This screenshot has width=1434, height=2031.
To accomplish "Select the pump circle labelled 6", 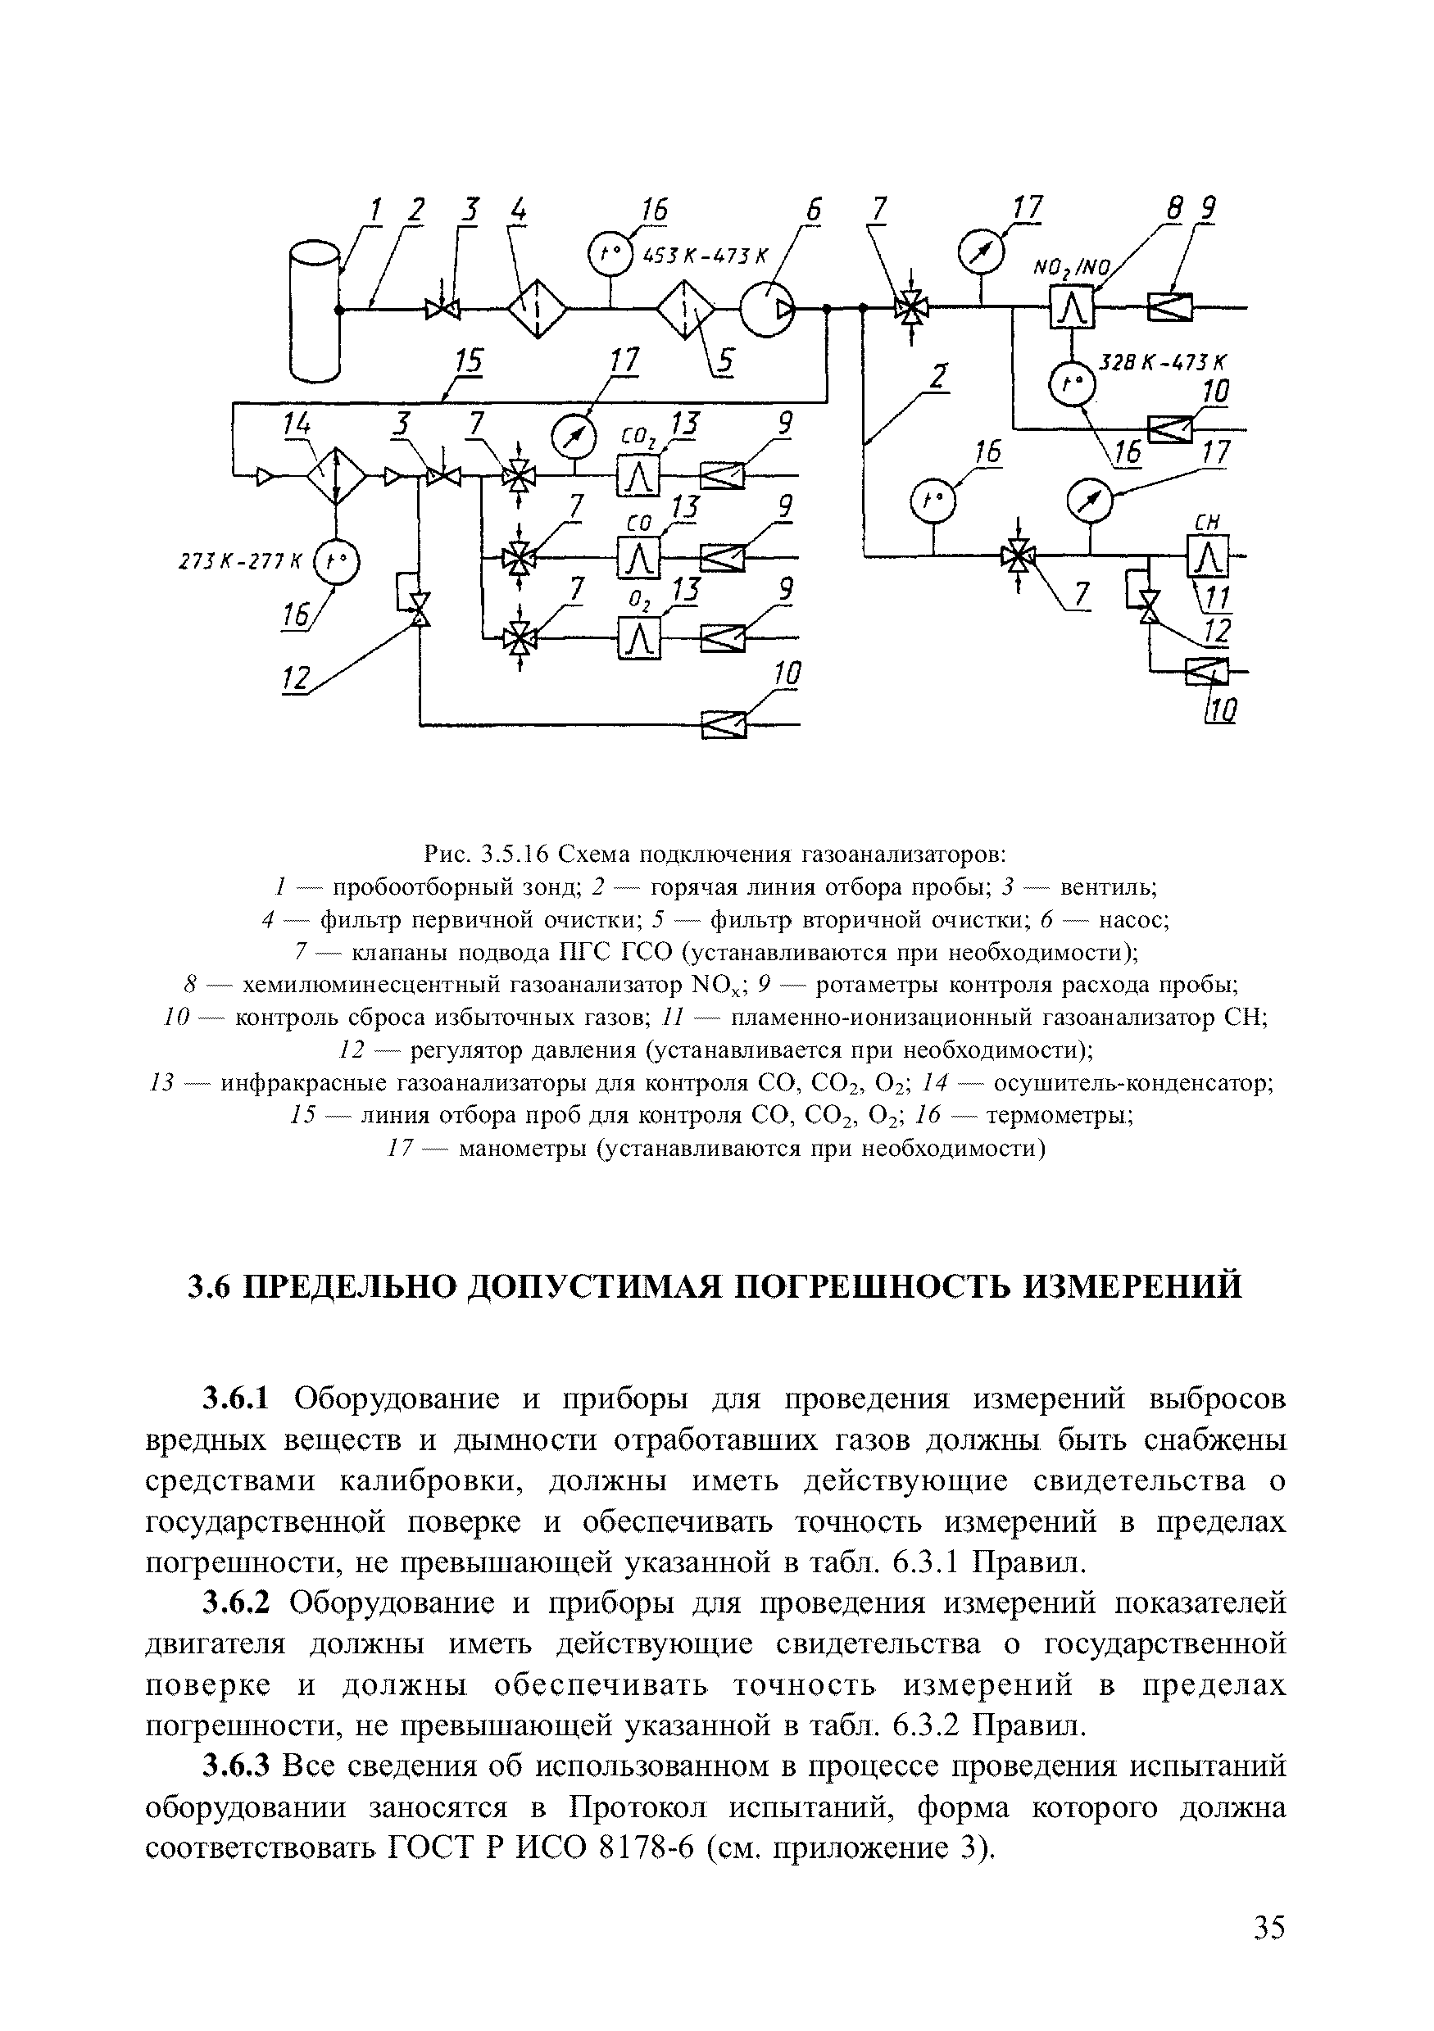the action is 767,309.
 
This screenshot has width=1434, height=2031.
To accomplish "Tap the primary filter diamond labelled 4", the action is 537,308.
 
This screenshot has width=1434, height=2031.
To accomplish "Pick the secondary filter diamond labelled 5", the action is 688,309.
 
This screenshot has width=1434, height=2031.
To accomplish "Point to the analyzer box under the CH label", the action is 1209,556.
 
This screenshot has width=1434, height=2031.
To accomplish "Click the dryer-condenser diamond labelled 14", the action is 336,477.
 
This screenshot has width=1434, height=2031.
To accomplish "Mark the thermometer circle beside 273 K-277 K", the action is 337,561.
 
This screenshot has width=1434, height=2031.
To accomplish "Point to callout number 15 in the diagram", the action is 470,363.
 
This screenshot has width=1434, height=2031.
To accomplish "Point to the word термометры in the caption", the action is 1060,1118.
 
